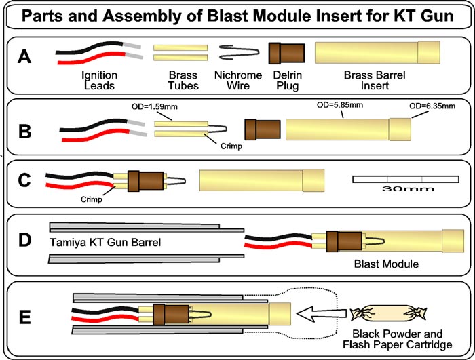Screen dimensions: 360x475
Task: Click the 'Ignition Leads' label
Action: [100, 80]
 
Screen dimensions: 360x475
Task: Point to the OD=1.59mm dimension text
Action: [151, 107]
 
